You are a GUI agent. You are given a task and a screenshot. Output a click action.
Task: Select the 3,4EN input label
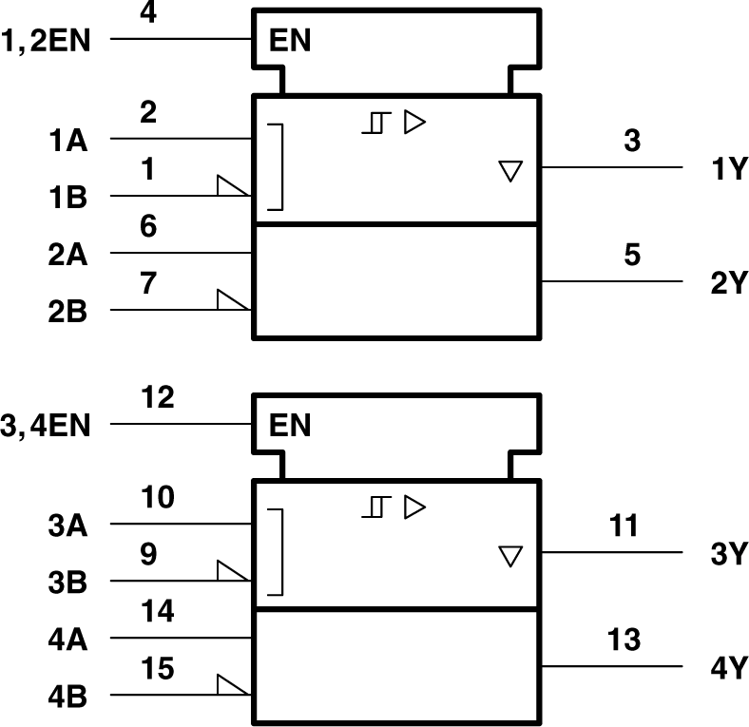point(47,424)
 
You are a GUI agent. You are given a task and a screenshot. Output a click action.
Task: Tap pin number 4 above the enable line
point(147,14)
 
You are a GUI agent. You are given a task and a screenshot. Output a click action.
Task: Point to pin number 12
point(158,397)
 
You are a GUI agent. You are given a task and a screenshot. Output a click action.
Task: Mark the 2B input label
point(67,312)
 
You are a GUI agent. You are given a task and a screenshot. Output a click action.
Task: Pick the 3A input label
point(67,525)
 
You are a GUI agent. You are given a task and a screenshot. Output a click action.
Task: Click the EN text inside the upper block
point(290,41)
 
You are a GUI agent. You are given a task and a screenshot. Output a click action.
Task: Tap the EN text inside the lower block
point(290,425)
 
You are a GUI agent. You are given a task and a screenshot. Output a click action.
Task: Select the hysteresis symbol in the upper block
point(376,123)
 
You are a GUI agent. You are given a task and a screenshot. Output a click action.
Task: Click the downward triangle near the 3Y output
point(511,556)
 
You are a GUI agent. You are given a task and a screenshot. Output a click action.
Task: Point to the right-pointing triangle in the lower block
point(414,507)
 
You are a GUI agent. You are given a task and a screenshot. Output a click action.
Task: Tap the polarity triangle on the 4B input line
point(232,685)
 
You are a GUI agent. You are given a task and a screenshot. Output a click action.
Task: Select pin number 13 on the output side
point(624,640)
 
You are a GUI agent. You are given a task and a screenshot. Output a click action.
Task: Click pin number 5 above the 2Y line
point(633,256)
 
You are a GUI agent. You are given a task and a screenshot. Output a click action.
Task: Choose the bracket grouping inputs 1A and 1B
point(276,166)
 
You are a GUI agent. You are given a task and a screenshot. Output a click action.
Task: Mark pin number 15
point(158,669)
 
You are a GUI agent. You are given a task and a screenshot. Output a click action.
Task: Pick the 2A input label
point(67,255)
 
